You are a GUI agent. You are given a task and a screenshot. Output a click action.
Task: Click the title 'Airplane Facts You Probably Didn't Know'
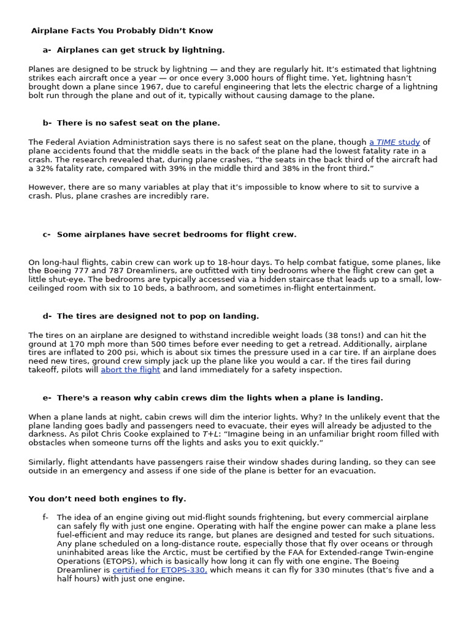[122, 31]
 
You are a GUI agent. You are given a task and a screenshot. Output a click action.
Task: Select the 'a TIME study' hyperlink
[395, 142]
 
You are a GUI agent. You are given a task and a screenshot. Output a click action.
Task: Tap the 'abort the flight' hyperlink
[131, 370]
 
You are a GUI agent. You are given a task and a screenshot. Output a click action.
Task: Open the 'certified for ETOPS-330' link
[159, 570]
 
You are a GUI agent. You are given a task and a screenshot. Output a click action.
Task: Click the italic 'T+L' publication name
[210, 434]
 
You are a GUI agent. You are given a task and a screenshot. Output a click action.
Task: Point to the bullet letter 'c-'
[47, 234]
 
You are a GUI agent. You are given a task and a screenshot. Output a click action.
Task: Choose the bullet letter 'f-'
[45, 517]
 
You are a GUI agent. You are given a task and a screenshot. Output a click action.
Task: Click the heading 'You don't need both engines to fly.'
[107, 499]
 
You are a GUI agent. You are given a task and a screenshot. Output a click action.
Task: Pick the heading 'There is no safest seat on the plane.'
[138, 123]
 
